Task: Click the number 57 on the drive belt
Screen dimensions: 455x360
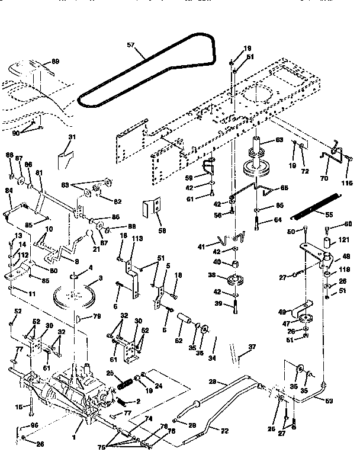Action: pos(131,45)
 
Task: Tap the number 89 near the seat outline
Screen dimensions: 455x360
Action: pos(55,62)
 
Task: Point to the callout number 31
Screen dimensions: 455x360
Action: pos(72,137)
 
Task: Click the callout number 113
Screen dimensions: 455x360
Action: pos(137,238)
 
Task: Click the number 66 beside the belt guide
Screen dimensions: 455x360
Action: pos(284,188)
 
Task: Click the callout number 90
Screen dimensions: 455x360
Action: pos(15,133)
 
